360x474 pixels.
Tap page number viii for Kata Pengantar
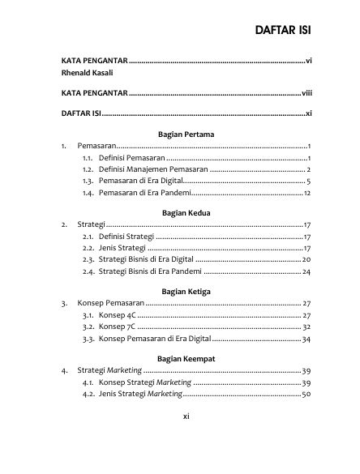point(306,93)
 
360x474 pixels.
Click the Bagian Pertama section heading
point(187,133)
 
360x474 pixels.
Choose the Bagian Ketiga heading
point(187,289)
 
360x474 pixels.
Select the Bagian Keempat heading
point(187,357)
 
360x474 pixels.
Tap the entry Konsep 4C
point(117,314)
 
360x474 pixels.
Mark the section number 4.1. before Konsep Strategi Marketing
point(89,382)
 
